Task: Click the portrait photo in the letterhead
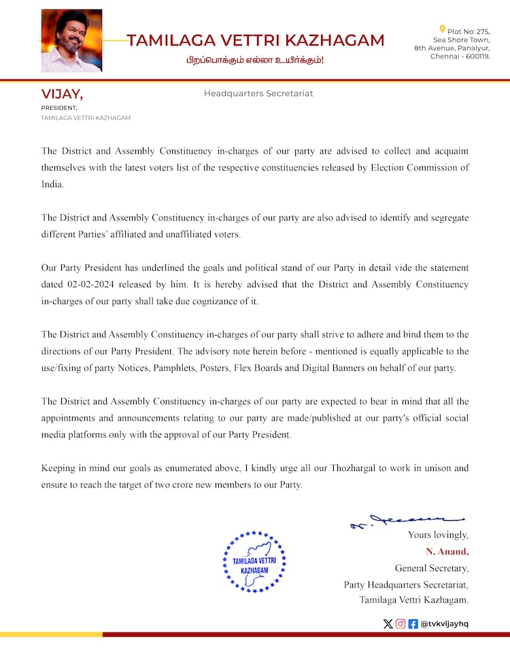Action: point(71,41)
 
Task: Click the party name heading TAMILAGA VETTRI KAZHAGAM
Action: point(256,40)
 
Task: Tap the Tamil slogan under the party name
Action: point(256,61)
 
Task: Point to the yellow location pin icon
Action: point(443,29)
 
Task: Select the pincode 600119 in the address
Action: point(475,57)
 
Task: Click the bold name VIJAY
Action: point(62,94)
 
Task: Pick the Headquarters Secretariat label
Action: point(258,93)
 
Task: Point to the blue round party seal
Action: point(255,562)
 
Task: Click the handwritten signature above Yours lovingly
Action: point(407,521)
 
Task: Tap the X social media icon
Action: point(388,624)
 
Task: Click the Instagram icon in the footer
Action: point(401,624)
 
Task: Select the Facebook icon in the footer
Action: point(413,624)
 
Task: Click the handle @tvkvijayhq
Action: point(445,624)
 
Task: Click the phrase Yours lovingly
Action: point(438,535)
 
